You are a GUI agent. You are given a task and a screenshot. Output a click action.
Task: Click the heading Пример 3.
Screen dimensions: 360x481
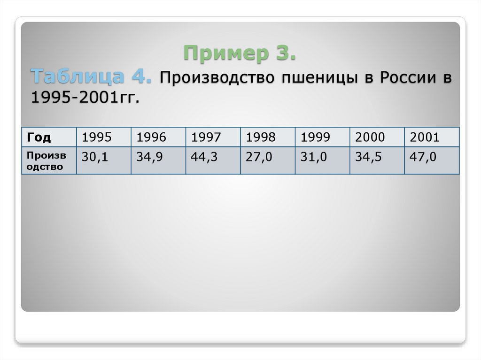pos(240,53)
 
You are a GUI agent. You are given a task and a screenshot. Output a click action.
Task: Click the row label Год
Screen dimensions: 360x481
pos(39,138)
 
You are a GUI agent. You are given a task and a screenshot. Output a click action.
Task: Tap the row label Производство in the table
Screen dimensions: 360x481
pos(46,161)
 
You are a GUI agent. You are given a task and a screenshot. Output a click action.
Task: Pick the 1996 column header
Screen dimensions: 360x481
pos(151,138)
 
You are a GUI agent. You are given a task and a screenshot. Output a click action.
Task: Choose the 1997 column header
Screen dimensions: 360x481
pos(206,138)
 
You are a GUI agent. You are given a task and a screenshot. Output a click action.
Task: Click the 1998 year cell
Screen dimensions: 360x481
pos(260,138)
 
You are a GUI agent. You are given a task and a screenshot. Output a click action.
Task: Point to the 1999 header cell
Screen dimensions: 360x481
pos(315,138)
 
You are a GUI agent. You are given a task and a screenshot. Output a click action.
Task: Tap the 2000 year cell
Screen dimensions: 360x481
pos(370,138)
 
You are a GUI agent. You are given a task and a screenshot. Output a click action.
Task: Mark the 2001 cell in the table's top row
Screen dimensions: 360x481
pos(425,138)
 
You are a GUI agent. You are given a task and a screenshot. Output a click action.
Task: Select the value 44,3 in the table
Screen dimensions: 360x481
pos(204,157)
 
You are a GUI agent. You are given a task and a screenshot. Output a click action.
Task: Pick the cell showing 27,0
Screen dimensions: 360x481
pos(258,157)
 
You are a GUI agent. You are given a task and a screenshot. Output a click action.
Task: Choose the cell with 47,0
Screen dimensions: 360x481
pos(423,157)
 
